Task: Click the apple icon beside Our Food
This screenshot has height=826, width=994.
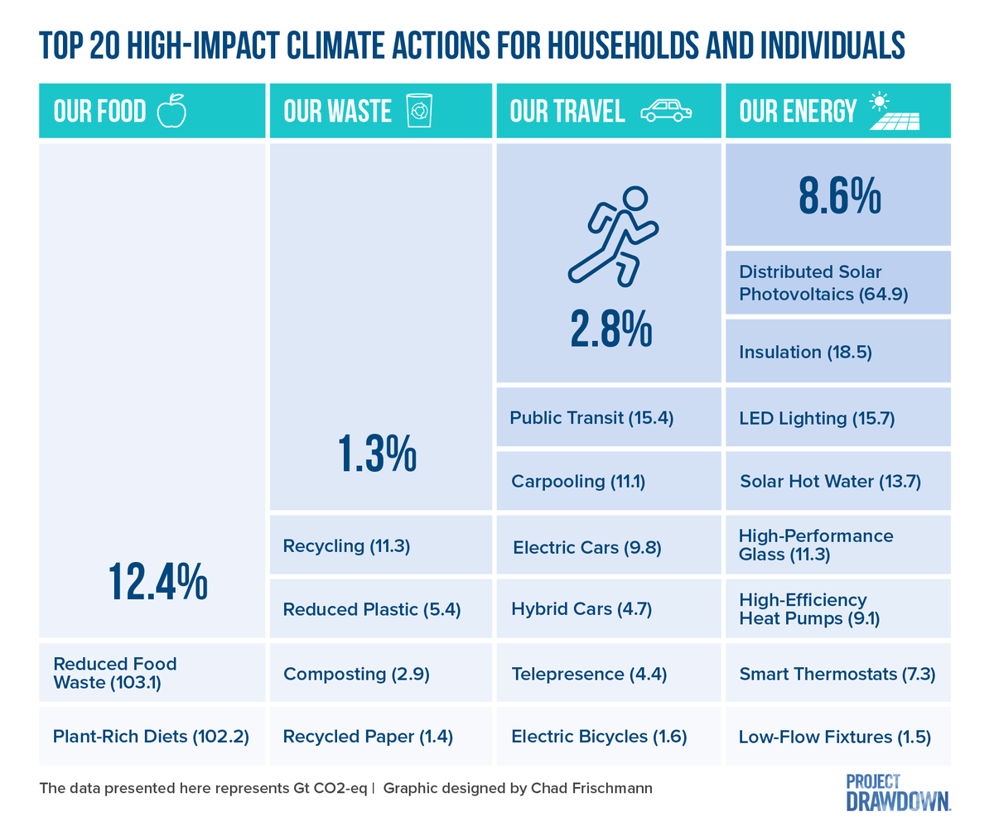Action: (172, 110)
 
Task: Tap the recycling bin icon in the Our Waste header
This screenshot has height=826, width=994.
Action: (420, 111)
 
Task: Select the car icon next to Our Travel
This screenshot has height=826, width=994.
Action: (666, 111)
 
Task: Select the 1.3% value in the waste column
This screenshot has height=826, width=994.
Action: (377, 455)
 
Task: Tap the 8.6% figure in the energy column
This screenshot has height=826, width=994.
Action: (838, 197)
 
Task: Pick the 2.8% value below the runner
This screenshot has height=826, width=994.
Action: (610, 330)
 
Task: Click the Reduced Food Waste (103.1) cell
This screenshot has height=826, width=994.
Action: (152, 673)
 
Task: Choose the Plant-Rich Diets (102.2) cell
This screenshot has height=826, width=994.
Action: (152, 736)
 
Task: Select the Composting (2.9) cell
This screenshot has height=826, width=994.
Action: (381, 674)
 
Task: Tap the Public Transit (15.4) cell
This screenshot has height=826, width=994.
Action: (609, 418)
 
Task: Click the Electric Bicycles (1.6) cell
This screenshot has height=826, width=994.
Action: (609, 736)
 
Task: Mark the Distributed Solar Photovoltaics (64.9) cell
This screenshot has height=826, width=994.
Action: (837, 283)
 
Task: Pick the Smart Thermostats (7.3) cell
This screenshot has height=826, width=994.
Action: (837, 674)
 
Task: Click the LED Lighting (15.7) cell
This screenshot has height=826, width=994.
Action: (837, 418)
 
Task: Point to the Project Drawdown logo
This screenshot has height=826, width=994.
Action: (898, 792)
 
